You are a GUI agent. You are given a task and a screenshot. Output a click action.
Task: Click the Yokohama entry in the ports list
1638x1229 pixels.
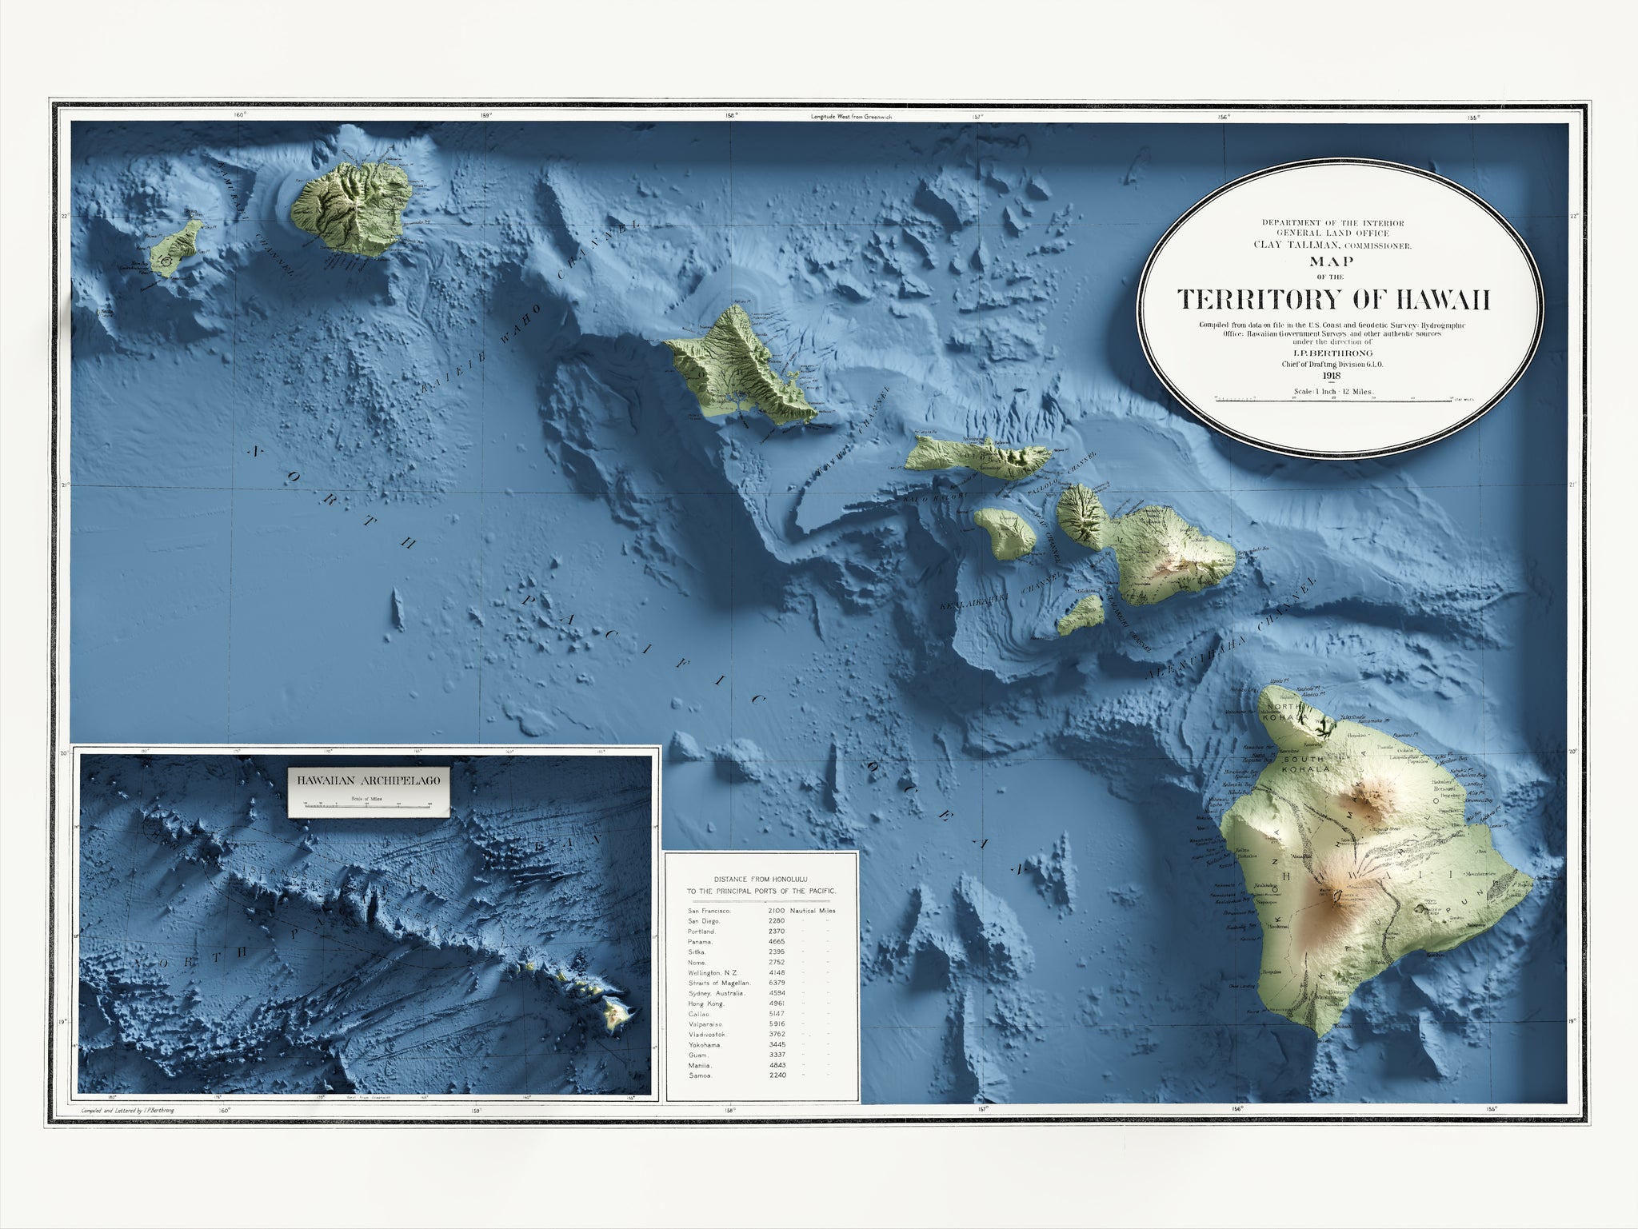point(705,1044)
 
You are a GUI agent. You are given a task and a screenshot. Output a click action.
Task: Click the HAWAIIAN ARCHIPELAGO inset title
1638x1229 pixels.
point(368,780)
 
